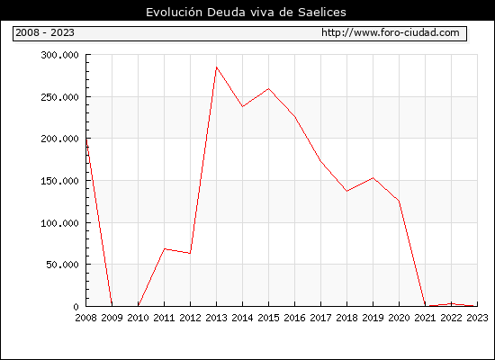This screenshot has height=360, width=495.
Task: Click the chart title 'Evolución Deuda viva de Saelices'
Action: point(246,13)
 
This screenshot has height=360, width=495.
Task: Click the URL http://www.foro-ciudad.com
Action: point(391,32)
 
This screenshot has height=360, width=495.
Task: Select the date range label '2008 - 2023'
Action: point(45,32)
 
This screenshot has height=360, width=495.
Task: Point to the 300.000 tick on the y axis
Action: point(59,55)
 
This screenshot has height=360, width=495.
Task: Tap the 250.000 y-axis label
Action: point(59,97)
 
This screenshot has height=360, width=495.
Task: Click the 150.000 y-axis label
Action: point(59,181)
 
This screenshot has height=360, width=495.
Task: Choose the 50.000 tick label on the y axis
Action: point(62,265)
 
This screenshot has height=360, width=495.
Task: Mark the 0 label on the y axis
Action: point(76,307)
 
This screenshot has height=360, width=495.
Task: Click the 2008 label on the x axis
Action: point(85,318)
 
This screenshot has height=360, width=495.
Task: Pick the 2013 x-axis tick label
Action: point(216,318)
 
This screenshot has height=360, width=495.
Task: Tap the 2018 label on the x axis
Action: point(346,318)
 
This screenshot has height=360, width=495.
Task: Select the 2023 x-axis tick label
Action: point(477,318)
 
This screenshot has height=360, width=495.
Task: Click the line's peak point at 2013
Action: point(216,67)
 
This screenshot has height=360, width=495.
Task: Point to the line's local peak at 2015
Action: point(269,88)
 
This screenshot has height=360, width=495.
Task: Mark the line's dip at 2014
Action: point(242,107)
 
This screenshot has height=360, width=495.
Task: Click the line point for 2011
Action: point(164,248)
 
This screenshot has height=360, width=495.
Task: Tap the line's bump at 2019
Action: point(373,178)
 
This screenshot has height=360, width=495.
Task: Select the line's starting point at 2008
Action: point(86,139)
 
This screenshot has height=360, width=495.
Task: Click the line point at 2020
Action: point(399,201)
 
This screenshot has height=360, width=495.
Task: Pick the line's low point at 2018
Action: point(346,191)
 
